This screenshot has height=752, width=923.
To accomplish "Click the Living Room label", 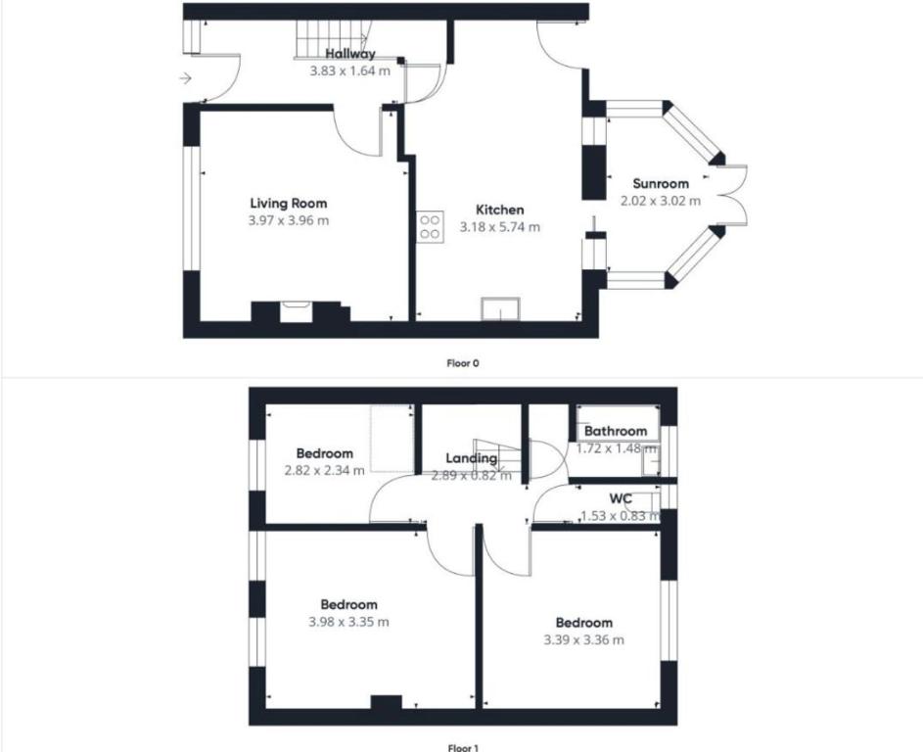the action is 289,204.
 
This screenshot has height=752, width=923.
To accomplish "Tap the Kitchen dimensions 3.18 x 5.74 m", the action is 500,227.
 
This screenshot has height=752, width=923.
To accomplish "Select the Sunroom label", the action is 661,184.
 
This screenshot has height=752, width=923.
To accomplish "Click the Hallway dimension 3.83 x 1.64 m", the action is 350,71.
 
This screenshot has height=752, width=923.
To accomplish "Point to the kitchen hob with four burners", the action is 431,227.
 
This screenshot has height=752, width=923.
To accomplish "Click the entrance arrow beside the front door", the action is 186,77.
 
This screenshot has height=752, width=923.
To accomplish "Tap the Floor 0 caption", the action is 463,363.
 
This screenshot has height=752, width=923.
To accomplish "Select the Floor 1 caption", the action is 463,748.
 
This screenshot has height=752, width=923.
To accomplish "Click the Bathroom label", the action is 616,431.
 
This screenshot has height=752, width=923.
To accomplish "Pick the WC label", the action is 621,498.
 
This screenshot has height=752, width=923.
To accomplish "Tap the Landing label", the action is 471,458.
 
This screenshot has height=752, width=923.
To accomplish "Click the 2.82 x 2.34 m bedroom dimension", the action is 324,471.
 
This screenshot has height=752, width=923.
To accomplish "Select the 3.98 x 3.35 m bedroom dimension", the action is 348,622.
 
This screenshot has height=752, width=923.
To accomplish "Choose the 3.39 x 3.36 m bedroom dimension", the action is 584,640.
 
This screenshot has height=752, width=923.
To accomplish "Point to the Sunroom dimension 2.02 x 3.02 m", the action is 661,201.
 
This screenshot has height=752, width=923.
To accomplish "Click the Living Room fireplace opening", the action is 296,311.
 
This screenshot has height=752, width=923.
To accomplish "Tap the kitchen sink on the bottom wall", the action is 501,309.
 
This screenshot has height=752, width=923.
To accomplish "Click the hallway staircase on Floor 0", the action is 332,39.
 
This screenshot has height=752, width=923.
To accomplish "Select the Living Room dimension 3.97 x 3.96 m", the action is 289,221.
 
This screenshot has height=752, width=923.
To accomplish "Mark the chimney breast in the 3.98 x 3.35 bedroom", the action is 387,702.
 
